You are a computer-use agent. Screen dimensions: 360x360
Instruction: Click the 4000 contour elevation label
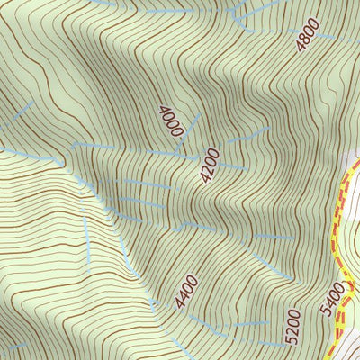click(170, 121)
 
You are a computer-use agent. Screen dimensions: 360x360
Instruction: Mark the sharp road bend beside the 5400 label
click(349, 286)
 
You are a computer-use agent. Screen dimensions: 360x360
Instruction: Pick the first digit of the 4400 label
click(179, 303)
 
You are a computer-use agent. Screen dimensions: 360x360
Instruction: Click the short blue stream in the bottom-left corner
click(13, 346)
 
